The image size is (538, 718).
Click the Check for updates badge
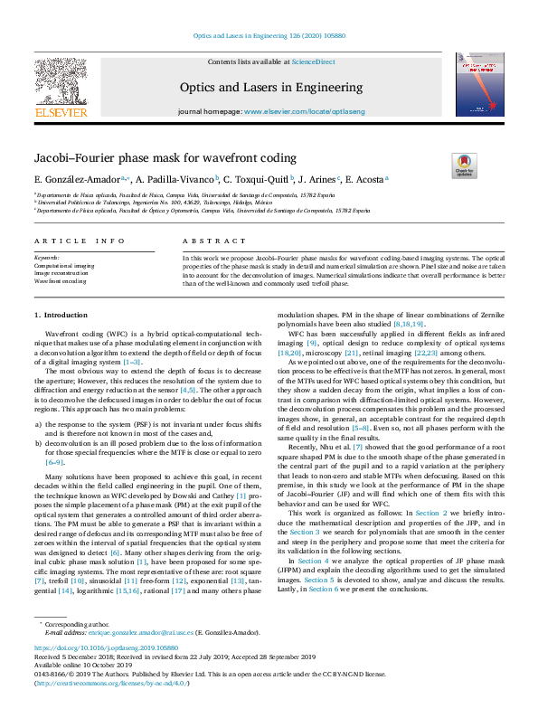click(x=465, y=165)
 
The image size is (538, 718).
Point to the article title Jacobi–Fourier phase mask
click(x=134, y=156)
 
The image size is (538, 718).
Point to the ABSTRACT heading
click(x=208, y=241)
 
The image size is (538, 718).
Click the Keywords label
click(x=48, y=259)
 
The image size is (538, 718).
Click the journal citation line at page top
click(x=268, y=36)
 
